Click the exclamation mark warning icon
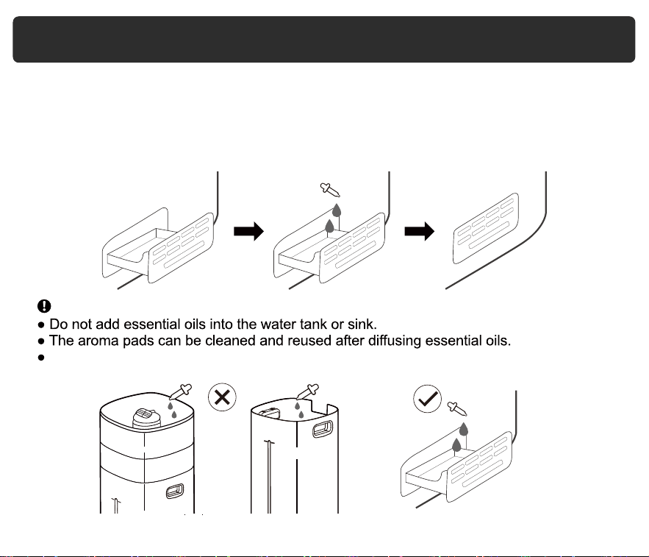pyautogui.click(x=44, y=306)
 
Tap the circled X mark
pyautogui.click(x=222, y=397)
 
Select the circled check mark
pyautogui.click(x=427, y=399)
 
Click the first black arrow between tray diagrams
pyautogui.click(x=248, y=231)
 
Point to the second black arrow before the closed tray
pyautogui.click(x=419, y=231)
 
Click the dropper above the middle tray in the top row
pyautogui.click(x=330, y=190)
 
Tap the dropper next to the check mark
pyautogui.click(x=457, y=408)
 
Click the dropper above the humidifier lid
pyautogui.click(x=181, y=391)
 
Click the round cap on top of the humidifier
pyautogui.click(x=146, y=418)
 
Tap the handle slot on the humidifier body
pyautogui.click(x=175, y=491)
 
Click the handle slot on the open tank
pyautogui.click(x=323, y=428)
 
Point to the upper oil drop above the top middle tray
pyautogui.click(x=337, y=210)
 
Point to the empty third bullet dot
pyautogui.click(x=41, y=358)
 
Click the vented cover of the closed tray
pyautogui.click(x=486, y=228)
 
